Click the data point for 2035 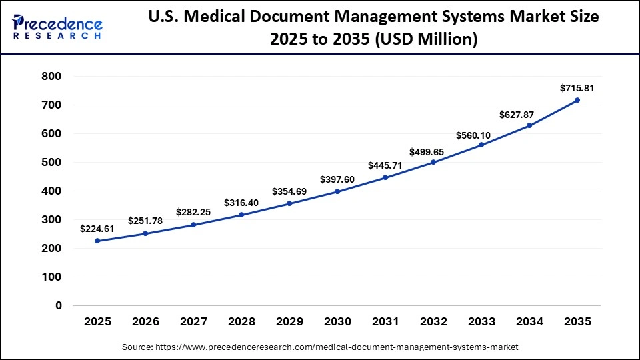coord(577,100)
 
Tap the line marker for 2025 coord(97,241)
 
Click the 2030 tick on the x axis coord(337,321)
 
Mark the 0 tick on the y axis coord(59,305)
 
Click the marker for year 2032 coord(433,162)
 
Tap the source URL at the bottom coord(320,347)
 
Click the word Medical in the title coord(247,18)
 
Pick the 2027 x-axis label coord(193,321)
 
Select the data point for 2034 coord(529,125)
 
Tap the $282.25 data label coord(193,212)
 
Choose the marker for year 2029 coord(289,203)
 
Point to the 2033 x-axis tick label coord(481,321)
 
